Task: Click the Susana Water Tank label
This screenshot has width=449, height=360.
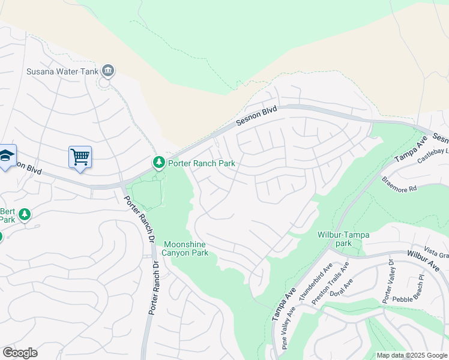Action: [x=62, y=71]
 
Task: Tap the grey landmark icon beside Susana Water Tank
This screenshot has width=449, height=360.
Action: [x=108, y=71]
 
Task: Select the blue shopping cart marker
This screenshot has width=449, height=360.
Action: [x=80, y=157]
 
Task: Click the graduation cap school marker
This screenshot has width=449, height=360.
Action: [x=6, y=156]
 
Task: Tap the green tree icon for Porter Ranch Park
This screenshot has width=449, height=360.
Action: [x=158, y=163]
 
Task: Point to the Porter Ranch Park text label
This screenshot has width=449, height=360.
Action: [x=201, y=163]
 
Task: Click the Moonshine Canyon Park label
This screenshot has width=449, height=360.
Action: [x=187, y=248]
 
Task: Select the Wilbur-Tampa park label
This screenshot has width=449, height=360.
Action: [x=343, y=238]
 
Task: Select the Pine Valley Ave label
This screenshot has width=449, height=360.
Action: [x=288, y=328]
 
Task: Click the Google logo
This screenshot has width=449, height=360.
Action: [x=20, y=353]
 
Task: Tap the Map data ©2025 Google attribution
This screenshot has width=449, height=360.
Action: [x=411, y=355]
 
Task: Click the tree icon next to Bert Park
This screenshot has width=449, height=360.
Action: [x=25, y=214]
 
